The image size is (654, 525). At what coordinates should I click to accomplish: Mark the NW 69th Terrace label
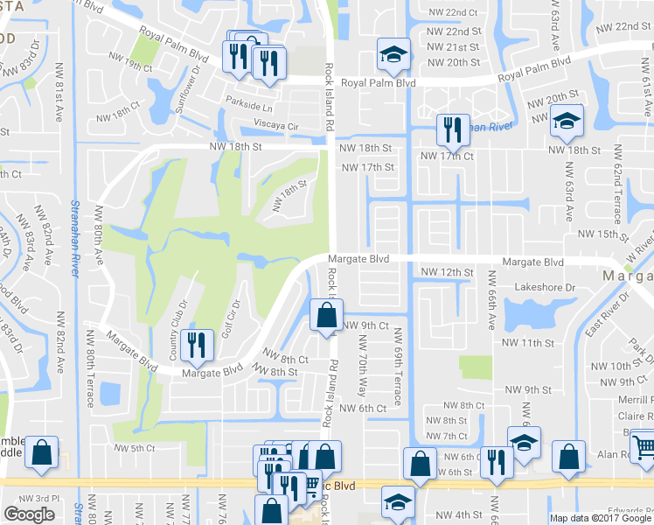[397, 366]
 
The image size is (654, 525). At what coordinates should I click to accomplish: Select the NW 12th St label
[446, 273]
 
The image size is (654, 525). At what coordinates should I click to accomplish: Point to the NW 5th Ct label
[131, 448]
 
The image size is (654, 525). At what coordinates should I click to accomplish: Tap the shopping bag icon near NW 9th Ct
[326, 315]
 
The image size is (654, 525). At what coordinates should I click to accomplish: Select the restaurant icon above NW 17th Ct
[452, 129]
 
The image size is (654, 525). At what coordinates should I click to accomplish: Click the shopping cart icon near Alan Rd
[644, 449]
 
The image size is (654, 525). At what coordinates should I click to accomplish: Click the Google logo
[29, 514]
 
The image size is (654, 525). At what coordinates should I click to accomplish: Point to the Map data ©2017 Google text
[598, 518]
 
